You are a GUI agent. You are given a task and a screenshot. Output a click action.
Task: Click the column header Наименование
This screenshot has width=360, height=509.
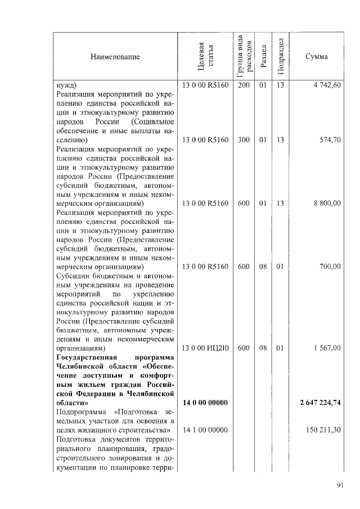(x=114, y=57)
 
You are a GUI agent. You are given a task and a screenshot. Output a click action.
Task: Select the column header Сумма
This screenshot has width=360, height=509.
(x=317, y=57)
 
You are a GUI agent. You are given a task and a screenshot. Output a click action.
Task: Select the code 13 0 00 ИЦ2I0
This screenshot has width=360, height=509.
(x=205, y=349)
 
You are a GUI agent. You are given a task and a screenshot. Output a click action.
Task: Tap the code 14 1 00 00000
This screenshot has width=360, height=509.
(x=205, y=431)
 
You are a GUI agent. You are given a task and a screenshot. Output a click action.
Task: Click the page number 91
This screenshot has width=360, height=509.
(x=340, y=487)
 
